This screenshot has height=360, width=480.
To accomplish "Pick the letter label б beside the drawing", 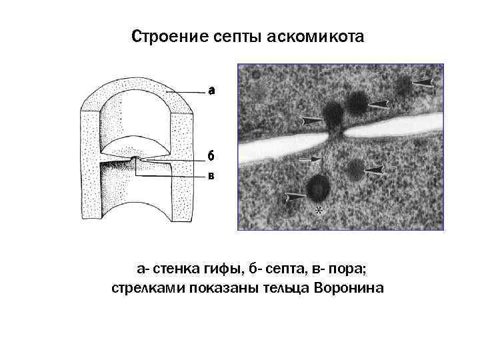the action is click(210, 156).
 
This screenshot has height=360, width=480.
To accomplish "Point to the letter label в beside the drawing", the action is click(210, 176).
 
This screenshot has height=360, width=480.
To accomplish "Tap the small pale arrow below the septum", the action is click(311, 159).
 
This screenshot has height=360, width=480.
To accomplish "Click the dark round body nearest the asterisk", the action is click(317, 189).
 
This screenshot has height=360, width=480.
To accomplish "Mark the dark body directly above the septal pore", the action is click(333, 113).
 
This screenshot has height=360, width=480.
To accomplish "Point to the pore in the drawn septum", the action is click(135, 160).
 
